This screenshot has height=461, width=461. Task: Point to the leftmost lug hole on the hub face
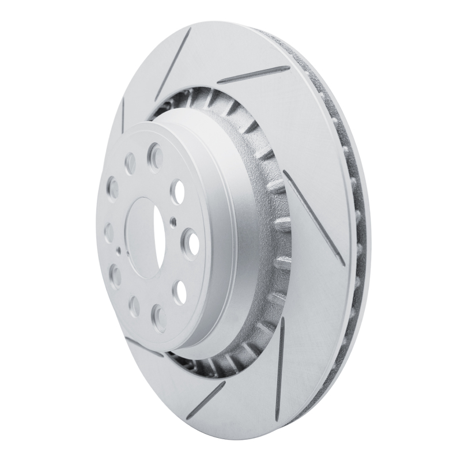(109, 232)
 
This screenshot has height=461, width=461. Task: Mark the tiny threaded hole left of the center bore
(118, 251)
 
